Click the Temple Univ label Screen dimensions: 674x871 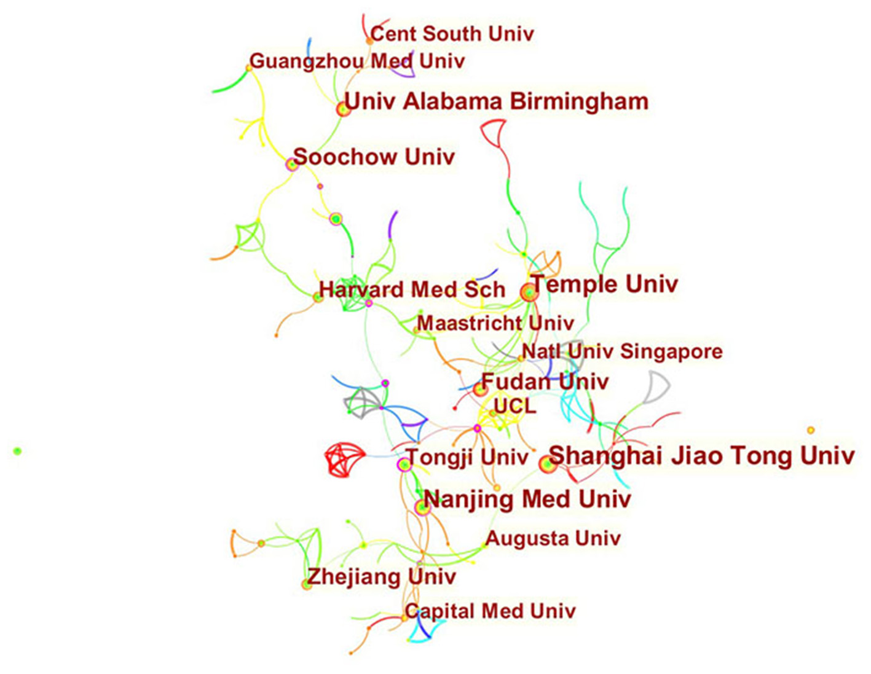[604, 284]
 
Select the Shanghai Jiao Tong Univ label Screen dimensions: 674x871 [701, 456]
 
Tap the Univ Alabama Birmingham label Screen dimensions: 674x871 [496, 101]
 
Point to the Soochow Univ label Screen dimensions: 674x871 [374, 157]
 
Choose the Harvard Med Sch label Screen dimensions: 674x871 [412, 289]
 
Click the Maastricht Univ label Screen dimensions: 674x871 [495, 323]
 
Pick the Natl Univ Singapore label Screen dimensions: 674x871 [622, 351]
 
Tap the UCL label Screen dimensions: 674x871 [515, 406]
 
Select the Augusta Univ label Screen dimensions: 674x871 [553, 538]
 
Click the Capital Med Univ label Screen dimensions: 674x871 [491, 611]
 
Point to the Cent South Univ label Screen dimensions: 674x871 [452, 33]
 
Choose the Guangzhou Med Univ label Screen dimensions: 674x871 [357, 61]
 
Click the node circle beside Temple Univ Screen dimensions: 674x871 [529, 293]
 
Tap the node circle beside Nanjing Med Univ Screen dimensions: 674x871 [422, 507]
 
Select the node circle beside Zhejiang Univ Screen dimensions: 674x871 [307, 584]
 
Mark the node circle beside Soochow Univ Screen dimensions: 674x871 [291, 164]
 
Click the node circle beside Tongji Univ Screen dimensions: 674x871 [404, 464]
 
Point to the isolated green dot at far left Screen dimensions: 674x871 [17, 452]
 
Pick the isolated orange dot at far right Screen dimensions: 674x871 [811, 430]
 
